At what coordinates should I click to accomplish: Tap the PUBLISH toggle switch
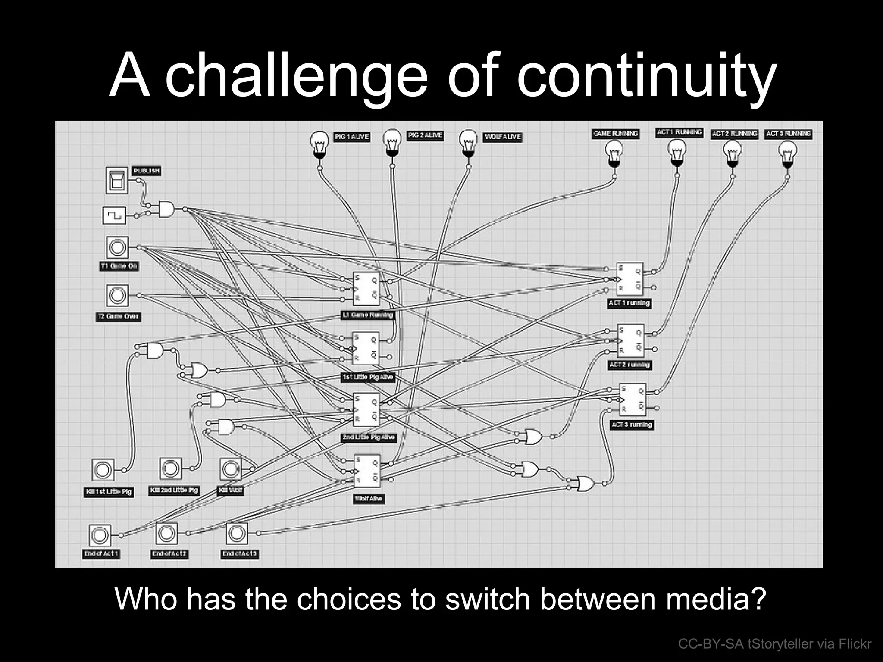point(117,181)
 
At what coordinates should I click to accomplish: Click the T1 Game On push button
point(117,248)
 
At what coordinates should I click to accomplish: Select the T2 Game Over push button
point(117,296)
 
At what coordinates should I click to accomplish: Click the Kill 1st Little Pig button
point(103,470)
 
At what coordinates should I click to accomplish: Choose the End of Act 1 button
point(100,535)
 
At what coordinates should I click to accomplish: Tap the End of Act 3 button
point(237,534)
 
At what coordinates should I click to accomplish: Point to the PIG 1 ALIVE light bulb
point(319,144)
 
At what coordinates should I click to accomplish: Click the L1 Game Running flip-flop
point(366,288)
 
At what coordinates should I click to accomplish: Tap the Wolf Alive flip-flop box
point(367,471)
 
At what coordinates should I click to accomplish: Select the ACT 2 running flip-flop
point(630,341)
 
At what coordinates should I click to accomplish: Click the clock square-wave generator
point(115,215)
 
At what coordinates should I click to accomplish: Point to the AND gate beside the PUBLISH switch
point(166,209)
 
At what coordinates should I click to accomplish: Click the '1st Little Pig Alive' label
point(367,377)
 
